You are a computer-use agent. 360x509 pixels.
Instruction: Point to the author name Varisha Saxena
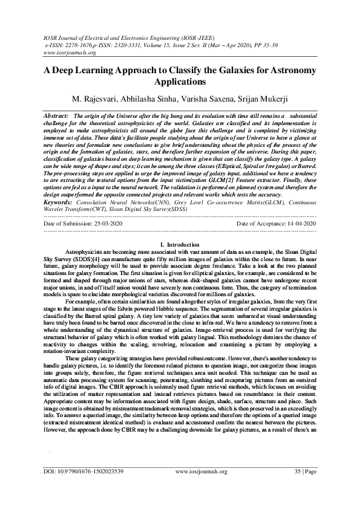tap(205, 99)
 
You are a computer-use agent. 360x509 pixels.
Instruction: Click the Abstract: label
tap(56, 114)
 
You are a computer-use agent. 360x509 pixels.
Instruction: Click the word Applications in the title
tap(180, 81)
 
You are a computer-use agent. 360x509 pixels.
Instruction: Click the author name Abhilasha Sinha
tap(149, 99)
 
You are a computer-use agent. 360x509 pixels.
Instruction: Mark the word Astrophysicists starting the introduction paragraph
tap(86, 250)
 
